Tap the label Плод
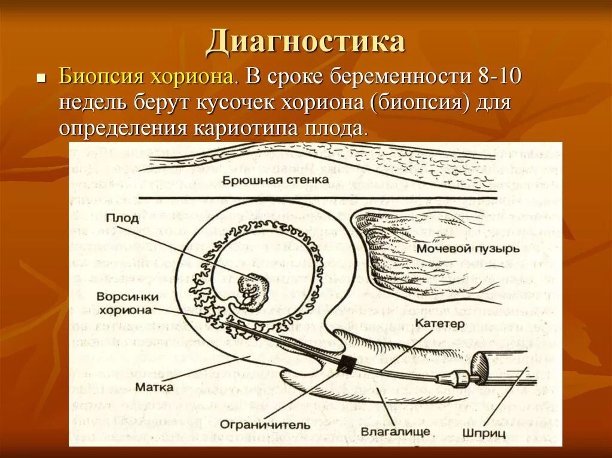123,219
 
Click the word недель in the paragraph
92,103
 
